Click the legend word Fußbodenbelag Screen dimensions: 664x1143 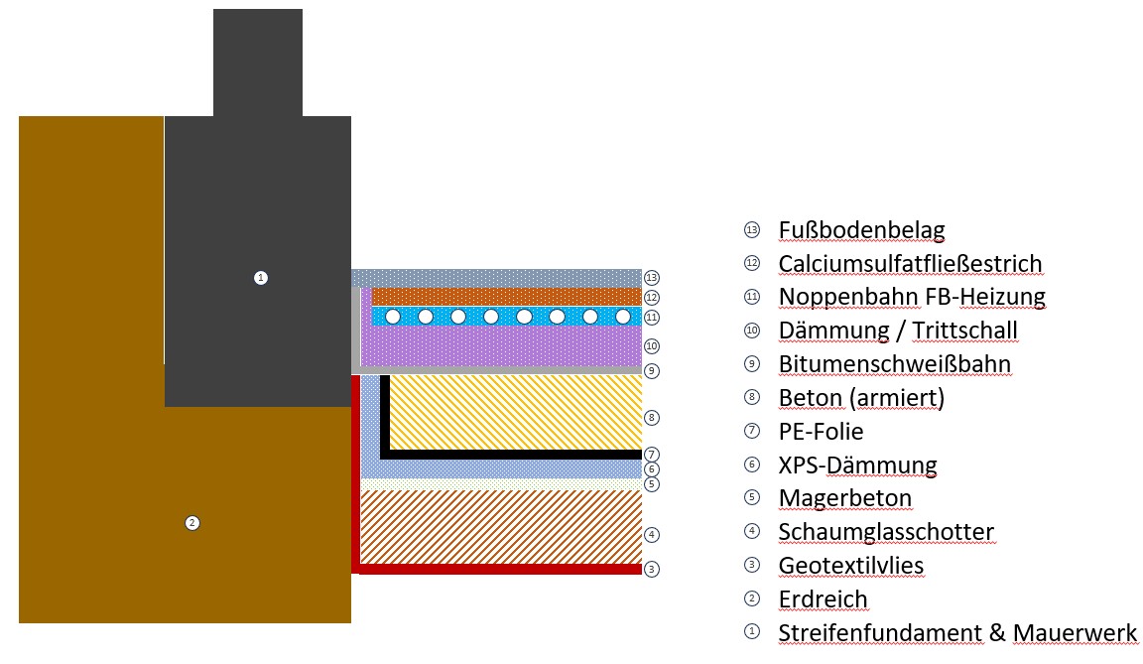click(x=861, y=230)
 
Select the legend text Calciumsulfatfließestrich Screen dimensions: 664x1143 click(x=910, y=264)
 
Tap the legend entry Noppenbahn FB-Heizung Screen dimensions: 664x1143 click(x=912, y=297)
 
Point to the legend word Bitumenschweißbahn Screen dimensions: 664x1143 click(x=894, y=364)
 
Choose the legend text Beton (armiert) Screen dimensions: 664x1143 click(x=861, y=398)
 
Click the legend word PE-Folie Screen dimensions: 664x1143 click(x=821, y=432)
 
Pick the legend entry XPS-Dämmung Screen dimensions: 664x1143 click(x=857, y=465)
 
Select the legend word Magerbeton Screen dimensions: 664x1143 click(x=844, y=498)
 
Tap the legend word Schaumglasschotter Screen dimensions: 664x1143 click(x=886, y=532)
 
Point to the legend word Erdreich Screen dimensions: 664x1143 click(x=823, y=599)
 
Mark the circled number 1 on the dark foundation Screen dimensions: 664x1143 click(x=261, y=278)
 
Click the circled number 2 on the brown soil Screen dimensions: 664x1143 click(x=192, y=523)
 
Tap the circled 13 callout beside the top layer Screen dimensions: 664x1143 click(x=652, y=278)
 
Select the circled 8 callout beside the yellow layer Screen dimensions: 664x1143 click(x=652, y=418)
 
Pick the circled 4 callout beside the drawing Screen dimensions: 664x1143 click(x=652, y=535)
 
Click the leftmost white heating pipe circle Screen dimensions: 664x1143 click(x=393, y=317)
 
